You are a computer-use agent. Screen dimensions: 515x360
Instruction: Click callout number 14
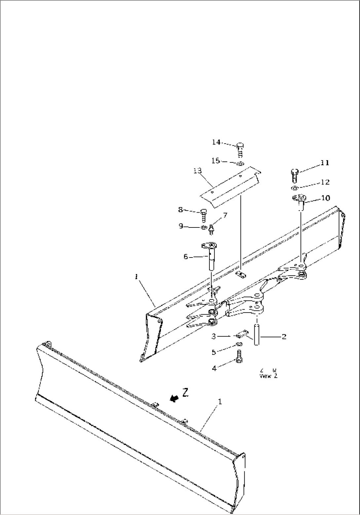tap(216, 142)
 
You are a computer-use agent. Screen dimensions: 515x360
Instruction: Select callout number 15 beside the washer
tap(215, 161)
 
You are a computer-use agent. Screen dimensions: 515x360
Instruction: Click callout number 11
tap(325, 163)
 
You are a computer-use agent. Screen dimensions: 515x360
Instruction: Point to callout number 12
tap(325, 182)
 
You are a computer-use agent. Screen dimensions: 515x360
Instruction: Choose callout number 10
tap(325, 198)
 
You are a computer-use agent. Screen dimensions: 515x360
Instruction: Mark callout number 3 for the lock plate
tap(214, 336)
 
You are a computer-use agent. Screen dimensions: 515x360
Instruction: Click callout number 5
tap(214, 352)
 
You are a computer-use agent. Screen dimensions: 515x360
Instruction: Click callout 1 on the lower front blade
tap(220, 402)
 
